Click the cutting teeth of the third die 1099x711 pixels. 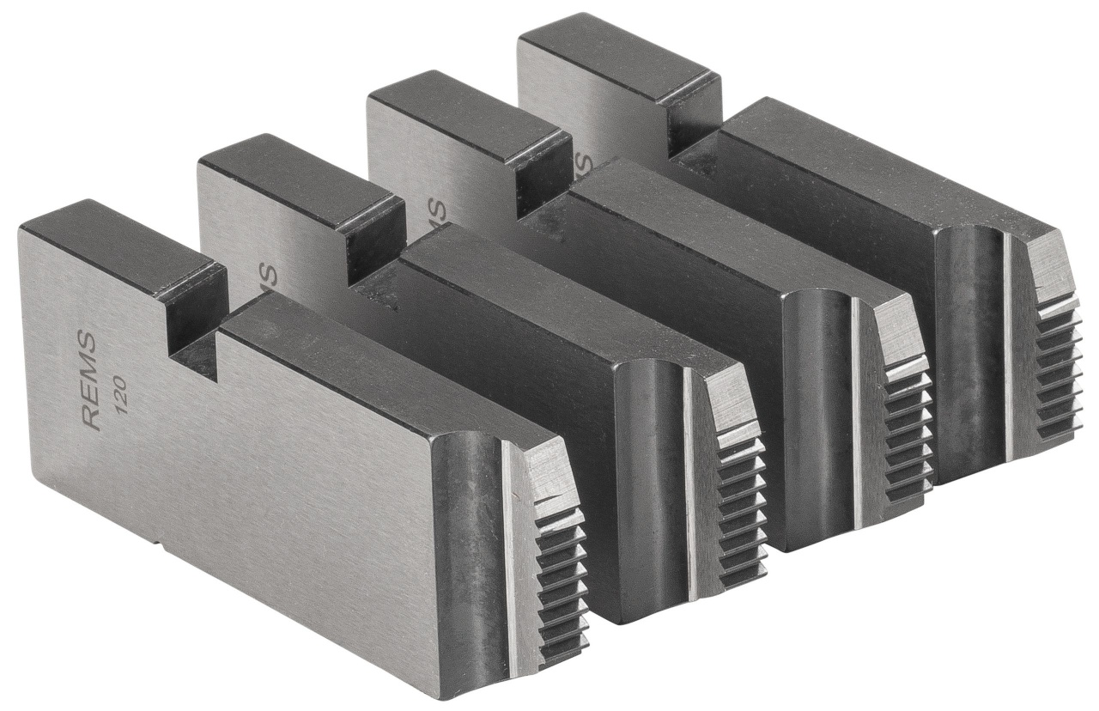pyautogui.click(x=906, y=429)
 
